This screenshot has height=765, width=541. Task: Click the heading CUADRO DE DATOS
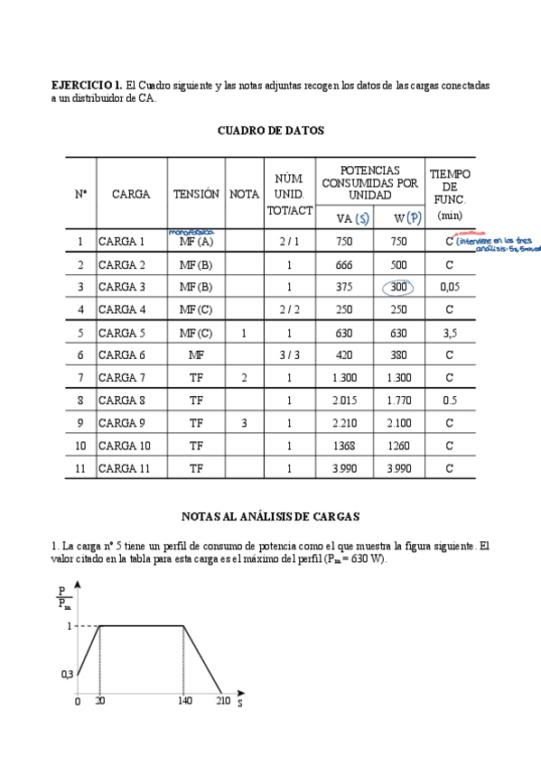tap(271, 130)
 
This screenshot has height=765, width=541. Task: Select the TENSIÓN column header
tap(196, 194)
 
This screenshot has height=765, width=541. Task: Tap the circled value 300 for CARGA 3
tap(397, 287)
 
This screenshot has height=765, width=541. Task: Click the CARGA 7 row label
tap(122, 377)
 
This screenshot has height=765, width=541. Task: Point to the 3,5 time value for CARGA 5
tap(450, 332)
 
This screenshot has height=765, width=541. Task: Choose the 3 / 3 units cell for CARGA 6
tap(289, 355)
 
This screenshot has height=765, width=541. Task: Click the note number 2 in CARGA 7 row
tap(244, 377)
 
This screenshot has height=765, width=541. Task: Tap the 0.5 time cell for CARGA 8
tap(450, 400)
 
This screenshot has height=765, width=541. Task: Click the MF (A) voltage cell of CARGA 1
tap(196, 242)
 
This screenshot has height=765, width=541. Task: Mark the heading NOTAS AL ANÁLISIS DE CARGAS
tap(271, 517)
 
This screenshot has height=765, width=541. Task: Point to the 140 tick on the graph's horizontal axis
tap(183, 700)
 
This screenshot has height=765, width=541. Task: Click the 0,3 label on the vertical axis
tap(66, 674)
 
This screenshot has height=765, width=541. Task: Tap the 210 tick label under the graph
tap(221, 700)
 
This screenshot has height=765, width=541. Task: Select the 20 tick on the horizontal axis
tap(99, 700)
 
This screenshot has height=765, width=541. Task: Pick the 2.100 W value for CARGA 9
tap(398, 422)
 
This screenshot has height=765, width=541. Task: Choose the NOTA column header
tap(244, 194)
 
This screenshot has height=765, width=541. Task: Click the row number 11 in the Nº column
tap(79, 467)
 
